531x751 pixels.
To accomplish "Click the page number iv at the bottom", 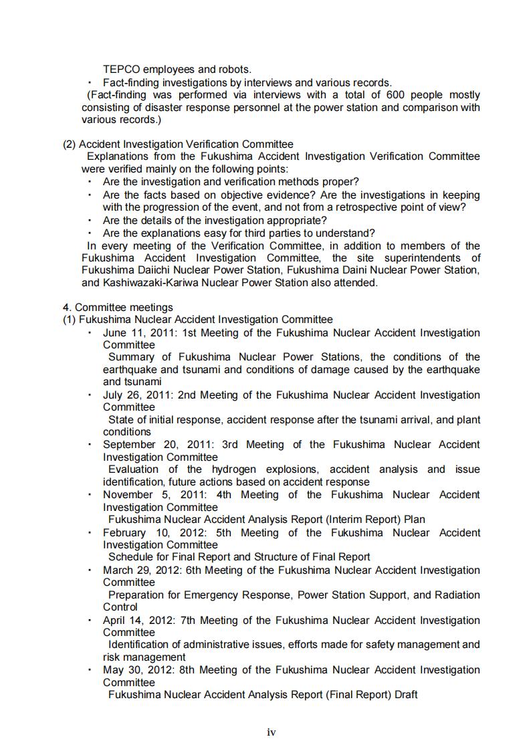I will (271, 732).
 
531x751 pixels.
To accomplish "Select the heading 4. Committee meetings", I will (118, 307).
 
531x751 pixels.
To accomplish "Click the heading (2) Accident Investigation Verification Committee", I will (178, 144).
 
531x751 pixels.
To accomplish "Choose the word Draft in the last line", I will (406, 695).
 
